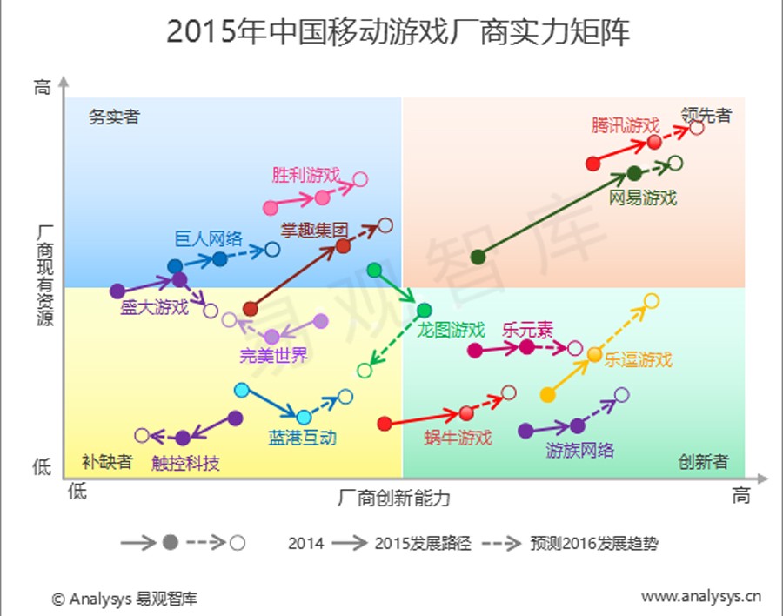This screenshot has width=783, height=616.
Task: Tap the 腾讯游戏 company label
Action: coord(625,124)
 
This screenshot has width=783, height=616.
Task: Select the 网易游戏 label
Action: coord(642,198)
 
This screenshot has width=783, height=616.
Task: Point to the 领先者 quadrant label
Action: coord(706,114)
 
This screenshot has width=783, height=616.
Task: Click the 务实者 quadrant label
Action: coord(114,117)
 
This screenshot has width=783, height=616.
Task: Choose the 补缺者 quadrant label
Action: coord(107,461)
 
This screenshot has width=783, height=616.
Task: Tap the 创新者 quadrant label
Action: coord(703,461)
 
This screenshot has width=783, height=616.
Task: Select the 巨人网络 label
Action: coord(208,238)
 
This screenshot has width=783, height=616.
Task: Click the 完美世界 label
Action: coord(274,355)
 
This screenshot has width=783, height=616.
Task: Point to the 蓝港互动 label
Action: coord(303,438)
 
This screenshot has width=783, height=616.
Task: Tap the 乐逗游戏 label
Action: coord(639,358)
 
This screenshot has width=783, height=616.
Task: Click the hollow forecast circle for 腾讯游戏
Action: coord(696,128)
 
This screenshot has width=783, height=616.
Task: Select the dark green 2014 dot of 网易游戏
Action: coord(478,257)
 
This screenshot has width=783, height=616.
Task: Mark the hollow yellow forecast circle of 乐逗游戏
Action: coord(651,301)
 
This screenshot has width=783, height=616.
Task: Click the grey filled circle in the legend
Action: coord(171,543)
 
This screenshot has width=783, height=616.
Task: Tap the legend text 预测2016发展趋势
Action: coord(593,544)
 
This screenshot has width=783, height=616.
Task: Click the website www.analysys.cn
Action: coord(700,597)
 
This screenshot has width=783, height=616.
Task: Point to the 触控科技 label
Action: coord(185,463)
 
